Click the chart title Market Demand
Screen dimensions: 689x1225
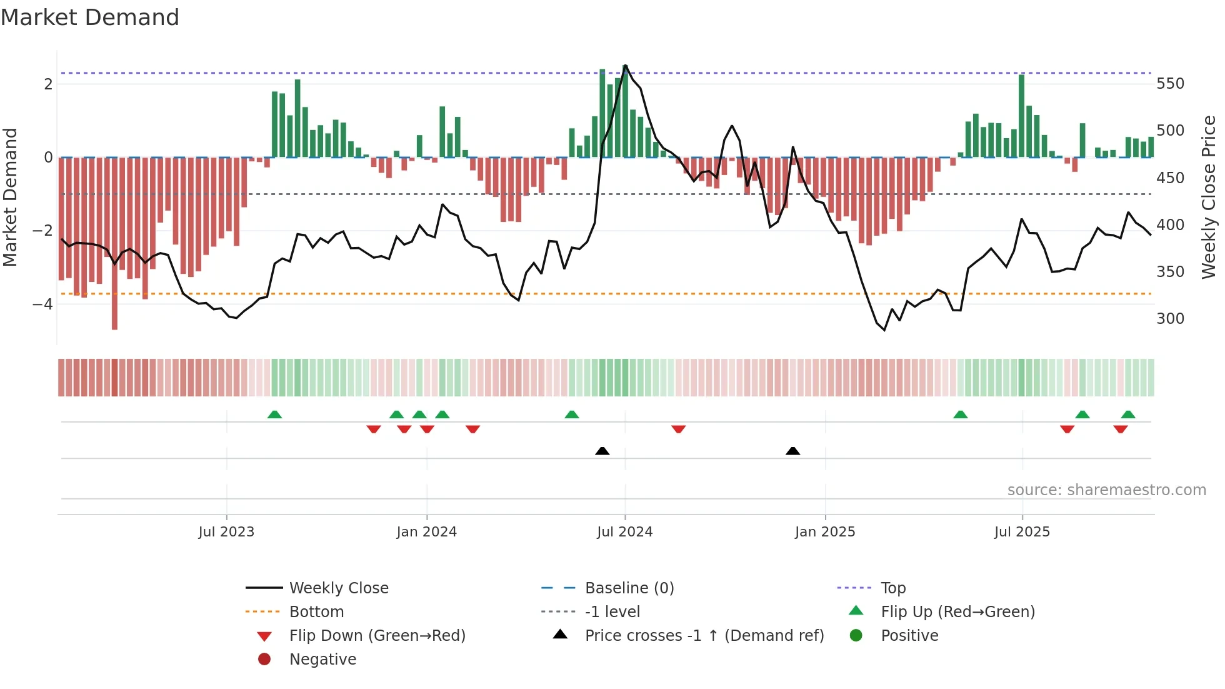90,18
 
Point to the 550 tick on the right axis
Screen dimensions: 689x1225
1170,84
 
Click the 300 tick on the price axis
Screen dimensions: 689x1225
1170,319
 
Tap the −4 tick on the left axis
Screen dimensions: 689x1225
42,304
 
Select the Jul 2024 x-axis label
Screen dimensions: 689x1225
624,532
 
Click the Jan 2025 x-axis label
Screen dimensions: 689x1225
824,532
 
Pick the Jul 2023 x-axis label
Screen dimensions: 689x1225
226,532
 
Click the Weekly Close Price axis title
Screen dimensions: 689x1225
1208,197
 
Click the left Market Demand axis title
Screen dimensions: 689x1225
11,197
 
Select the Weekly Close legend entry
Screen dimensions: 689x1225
338,588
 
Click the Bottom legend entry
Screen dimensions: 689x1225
316,612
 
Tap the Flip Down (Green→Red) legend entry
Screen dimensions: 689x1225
377,636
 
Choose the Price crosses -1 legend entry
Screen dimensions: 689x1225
704,636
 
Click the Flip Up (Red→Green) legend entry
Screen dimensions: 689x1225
957,612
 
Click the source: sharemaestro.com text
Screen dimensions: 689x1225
1106,490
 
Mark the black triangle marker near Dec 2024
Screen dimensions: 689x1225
792,451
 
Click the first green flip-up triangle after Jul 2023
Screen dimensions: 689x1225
274,415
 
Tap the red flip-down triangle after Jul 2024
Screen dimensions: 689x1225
679,429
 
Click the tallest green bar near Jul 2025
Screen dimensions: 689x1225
1021,116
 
